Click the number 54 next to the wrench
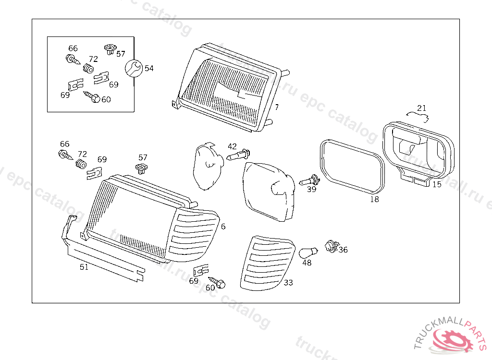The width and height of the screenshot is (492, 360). pos(149,69)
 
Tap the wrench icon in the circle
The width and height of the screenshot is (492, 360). pos(133,68)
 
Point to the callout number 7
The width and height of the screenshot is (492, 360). pos(277,107)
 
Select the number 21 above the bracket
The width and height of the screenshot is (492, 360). pos(421,108)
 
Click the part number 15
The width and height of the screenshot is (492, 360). pos(436,184)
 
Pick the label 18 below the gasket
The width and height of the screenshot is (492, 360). pos(374,199)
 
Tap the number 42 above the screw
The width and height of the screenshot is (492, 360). pos(232,146)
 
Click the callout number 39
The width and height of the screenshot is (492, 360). pos(312,190)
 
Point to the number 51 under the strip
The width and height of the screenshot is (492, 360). pos(84,267)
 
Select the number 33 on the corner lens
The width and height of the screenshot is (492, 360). pos(288,283)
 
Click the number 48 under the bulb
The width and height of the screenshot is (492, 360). pos(307,263)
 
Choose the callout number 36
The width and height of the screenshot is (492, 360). pos(343,250)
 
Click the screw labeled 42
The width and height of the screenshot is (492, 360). pos(239,156)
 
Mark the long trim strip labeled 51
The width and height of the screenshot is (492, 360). pos(106,259)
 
